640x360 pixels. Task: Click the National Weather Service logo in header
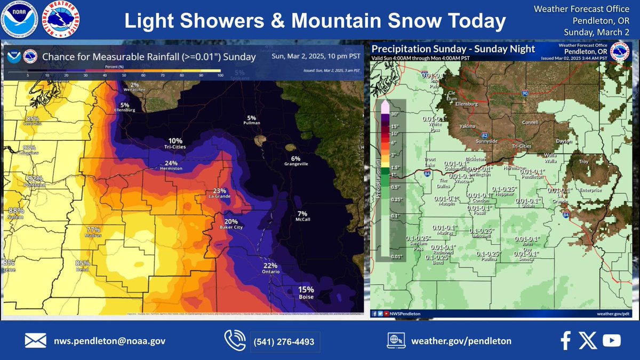(x=62, y=20)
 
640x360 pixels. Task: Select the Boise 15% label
(x=306, y=293)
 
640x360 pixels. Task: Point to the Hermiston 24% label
(x=171, y=165)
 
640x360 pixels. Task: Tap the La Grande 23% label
(x=220, y=194)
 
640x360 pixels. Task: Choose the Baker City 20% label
(x=231, y=224)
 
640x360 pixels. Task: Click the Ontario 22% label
(x=270, y=269)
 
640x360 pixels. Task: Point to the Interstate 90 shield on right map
(x=525, y=93)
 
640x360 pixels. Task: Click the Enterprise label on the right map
(x=591, y=190)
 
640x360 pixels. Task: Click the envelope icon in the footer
(x=35, y=341)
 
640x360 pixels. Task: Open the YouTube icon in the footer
(x=611, y=340)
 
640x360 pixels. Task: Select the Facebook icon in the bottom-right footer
(x=565, y=340)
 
